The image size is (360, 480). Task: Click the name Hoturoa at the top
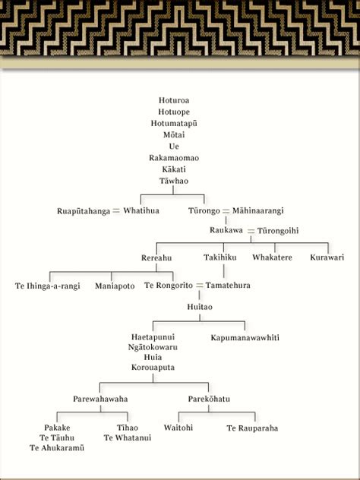click(x=174, y=100)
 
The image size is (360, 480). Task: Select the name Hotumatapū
click(x=174, y=123)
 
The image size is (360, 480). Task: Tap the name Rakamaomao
click(x=174, y=158)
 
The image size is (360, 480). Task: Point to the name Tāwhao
click(x=174, y=181)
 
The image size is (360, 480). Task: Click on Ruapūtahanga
click(x=84, y=211)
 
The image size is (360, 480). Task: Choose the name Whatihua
click(x=141, y=211)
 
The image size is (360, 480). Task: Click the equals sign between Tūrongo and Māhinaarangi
click(x=226, y=211)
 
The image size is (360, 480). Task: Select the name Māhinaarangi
click(x=257, y=211)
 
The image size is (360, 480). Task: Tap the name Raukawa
click(x=226, y=230)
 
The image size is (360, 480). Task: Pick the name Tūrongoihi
click(x=278, y=231)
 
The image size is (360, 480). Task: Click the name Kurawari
click(x=327, y=257)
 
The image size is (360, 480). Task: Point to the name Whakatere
click(x=272, y=257)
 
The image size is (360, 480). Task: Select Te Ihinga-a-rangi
click(x=47, y=286)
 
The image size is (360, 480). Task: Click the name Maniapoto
click(x=115, y=286)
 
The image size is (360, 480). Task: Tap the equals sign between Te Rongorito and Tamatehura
click(x=200, y=286)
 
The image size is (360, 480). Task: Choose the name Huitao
click(x=200, y=307)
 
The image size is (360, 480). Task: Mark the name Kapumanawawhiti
click(x=245, y=338)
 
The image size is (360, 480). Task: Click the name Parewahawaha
click(x=100, y=399)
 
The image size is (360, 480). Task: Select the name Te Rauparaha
click(x=253, y=428)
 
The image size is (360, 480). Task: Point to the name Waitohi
click(x=178, y=428)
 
